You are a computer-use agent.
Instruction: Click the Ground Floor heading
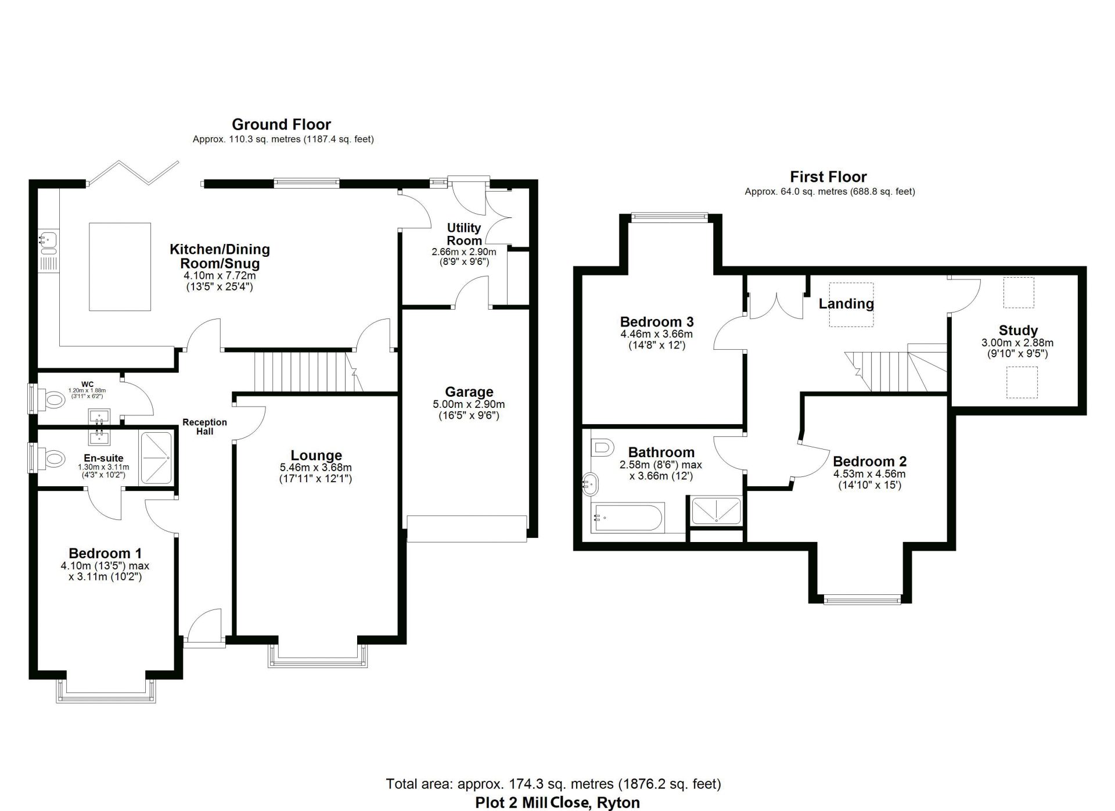pos(281,124)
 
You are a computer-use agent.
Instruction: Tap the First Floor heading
pos(828,177)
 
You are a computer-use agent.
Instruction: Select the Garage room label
pos(469,392)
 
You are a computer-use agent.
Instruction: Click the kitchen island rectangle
pos(120,267)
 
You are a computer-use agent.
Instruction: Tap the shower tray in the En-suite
pos(156,458)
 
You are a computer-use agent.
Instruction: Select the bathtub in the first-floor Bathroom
pos(627,518)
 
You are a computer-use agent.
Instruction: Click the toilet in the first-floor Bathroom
pos(602,447)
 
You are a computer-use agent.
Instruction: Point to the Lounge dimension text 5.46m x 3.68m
pos(316,468)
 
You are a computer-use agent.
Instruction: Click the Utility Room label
pos(464,234)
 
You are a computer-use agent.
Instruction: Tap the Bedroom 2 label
pos(869,462)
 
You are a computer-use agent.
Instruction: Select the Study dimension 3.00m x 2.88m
pos(1017,343)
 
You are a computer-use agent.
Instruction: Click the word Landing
pos(846,304)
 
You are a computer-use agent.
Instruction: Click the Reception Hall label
pos(204,426)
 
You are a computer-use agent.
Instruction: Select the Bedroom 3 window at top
pos(670,217)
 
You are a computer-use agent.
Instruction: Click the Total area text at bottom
pos(553,784)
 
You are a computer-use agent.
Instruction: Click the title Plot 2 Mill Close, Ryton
pos(557,803)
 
